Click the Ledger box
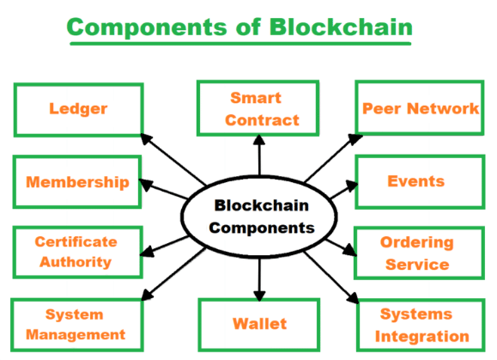[79, 110]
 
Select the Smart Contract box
[258, 108]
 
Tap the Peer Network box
[420, 108]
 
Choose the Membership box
[77, 182]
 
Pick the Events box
[420, 182]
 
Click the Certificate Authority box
[77, 252]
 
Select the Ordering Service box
[420, 253]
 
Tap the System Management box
[77, 325]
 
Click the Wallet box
[258, 325]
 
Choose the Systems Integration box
[421, 325]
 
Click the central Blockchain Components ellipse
[259, 216]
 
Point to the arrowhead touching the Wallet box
[259, 296]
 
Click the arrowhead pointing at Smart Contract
[259, 140]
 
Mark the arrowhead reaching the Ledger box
[146, 139]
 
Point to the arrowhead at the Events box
[352, 186]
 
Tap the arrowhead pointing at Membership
[146, 185]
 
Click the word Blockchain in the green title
[341, 27]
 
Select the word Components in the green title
[147, 27]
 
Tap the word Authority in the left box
[76, 263]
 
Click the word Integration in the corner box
[421, 337]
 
